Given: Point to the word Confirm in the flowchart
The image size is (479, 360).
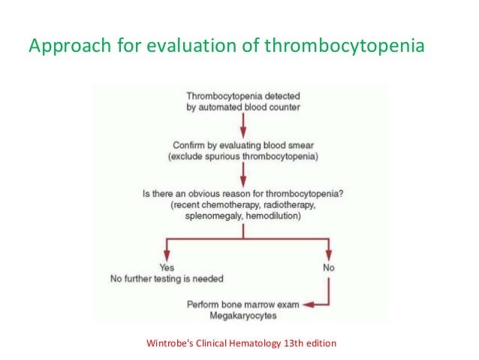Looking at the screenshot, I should [x=188, y=145].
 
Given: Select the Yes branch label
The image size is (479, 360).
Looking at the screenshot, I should [x=167, y=268].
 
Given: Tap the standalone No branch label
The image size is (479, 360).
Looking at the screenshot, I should [x=327, y=268].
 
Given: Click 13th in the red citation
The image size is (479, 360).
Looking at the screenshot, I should [x=297, y=344].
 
